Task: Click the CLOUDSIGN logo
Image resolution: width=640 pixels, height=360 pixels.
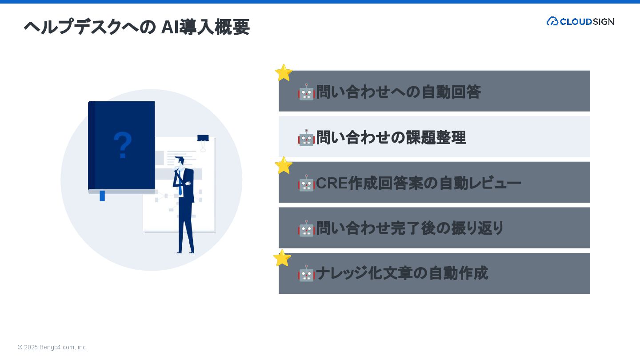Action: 580,21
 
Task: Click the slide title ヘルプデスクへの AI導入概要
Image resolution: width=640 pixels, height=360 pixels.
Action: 136,27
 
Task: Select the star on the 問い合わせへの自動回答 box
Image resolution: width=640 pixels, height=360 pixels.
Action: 284,73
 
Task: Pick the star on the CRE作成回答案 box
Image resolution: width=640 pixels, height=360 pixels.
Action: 284,165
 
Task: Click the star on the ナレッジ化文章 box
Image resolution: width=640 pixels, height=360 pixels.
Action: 282,258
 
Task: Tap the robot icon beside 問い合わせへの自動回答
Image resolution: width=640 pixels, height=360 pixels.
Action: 306,92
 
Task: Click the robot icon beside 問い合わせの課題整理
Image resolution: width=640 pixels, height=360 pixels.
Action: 306,138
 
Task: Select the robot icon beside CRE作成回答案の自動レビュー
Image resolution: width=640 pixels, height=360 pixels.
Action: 306,183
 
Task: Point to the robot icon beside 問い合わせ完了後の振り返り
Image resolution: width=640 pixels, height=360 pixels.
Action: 306,228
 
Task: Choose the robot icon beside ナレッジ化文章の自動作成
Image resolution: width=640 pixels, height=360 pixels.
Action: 306,274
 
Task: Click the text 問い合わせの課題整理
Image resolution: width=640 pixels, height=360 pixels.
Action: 391,138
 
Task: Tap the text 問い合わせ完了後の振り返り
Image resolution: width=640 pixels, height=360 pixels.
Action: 410,228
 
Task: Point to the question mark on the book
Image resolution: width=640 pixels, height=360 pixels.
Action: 123,145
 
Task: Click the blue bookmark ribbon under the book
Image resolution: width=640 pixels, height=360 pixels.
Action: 102,196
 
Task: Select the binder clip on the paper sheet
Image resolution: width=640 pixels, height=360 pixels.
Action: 203,141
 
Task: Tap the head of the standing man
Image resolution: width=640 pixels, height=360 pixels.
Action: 180,161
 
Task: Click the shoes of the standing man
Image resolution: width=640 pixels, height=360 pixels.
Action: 185,252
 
